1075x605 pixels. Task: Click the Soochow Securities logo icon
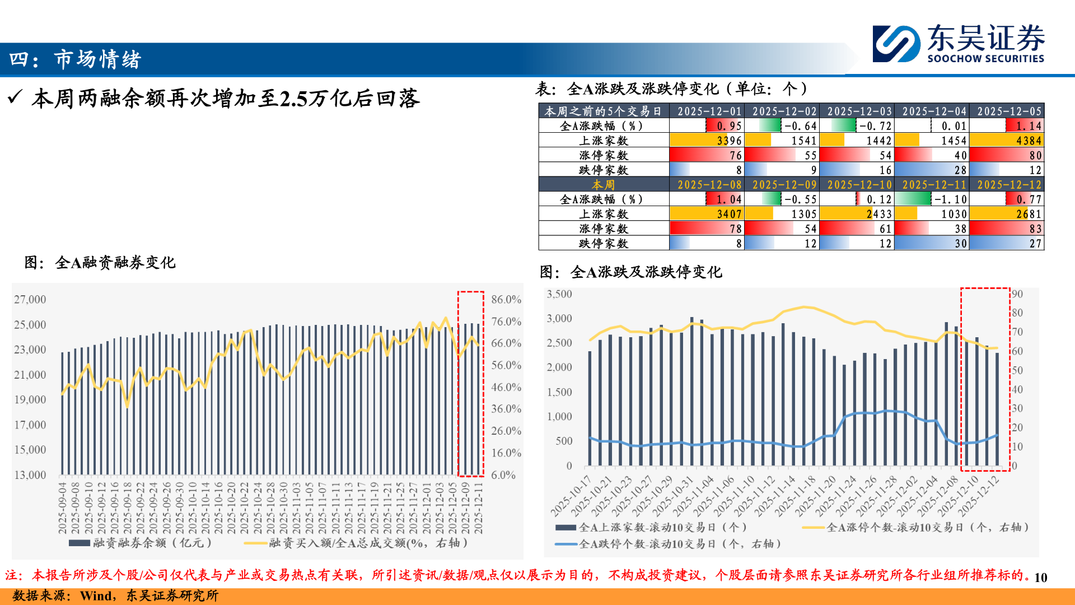[896, 44]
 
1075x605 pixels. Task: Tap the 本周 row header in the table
[604, 184]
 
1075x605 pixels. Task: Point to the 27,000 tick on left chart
[30, 300]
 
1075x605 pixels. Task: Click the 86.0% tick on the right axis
[506, 300]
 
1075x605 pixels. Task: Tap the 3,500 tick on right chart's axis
[559, 294]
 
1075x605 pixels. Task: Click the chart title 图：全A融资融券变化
[100, 262]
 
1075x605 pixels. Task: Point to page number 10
[1040, 578]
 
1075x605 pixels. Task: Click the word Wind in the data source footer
[96, 596]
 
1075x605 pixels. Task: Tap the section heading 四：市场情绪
[76, 59]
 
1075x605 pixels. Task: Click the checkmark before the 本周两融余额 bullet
[15, 98]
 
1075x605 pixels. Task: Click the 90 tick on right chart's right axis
[1017, 294]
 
